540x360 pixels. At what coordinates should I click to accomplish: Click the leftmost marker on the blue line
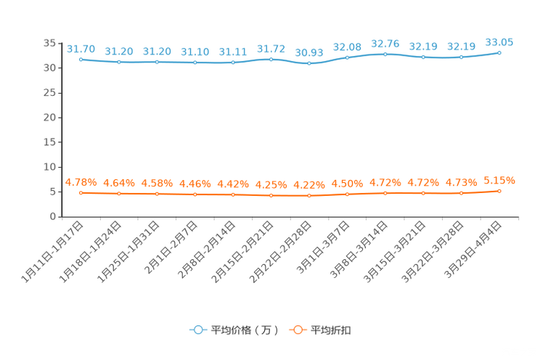coord(81,59)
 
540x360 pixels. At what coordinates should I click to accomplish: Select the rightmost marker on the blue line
coord(499,52)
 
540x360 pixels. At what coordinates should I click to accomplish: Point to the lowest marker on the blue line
coord(309,64)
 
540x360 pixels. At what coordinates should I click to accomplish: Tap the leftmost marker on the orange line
coord(81,193)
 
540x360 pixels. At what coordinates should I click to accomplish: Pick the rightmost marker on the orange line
coord(499,191)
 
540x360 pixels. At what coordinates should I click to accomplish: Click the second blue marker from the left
coord(119,62)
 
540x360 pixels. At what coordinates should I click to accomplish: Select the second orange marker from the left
coord(119,194)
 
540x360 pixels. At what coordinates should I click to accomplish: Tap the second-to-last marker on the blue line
coord(462,57)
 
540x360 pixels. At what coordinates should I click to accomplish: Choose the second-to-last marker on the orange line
coord(462,193)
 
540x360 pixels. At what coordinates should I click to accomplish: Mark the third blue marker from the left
coord(157,62)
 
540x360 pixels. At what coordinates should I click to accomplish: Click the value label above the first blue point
coord(81,48)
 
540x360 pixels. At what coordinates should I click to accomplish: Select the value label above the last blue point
coord(499,41)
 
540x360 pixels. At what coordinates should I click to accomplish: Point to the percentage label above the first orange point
coord(81,181)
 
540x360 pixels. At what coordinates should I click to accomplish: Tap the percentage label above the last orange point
coord(499,180)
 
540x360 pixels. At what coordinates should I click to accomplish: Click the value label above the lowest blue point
coord(309,52)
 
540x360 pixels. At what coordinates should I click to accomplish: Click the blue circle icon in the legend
coord(197,330)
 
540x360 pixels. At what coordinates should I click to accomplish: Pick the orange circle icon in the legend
coord(298,330)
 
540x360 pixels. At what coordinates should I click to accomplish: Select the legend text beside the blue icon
coord(245,330)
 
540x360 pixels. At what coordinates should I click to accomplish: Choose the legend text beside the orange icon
coord(332,330)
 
